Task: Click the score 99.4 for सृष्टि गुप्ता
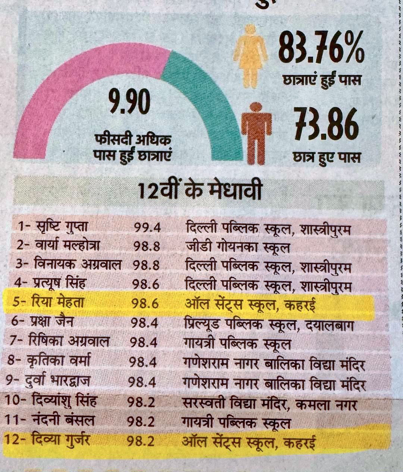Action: click(148, 227)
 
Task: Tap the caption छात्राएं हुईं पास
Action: click(322, 80)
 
